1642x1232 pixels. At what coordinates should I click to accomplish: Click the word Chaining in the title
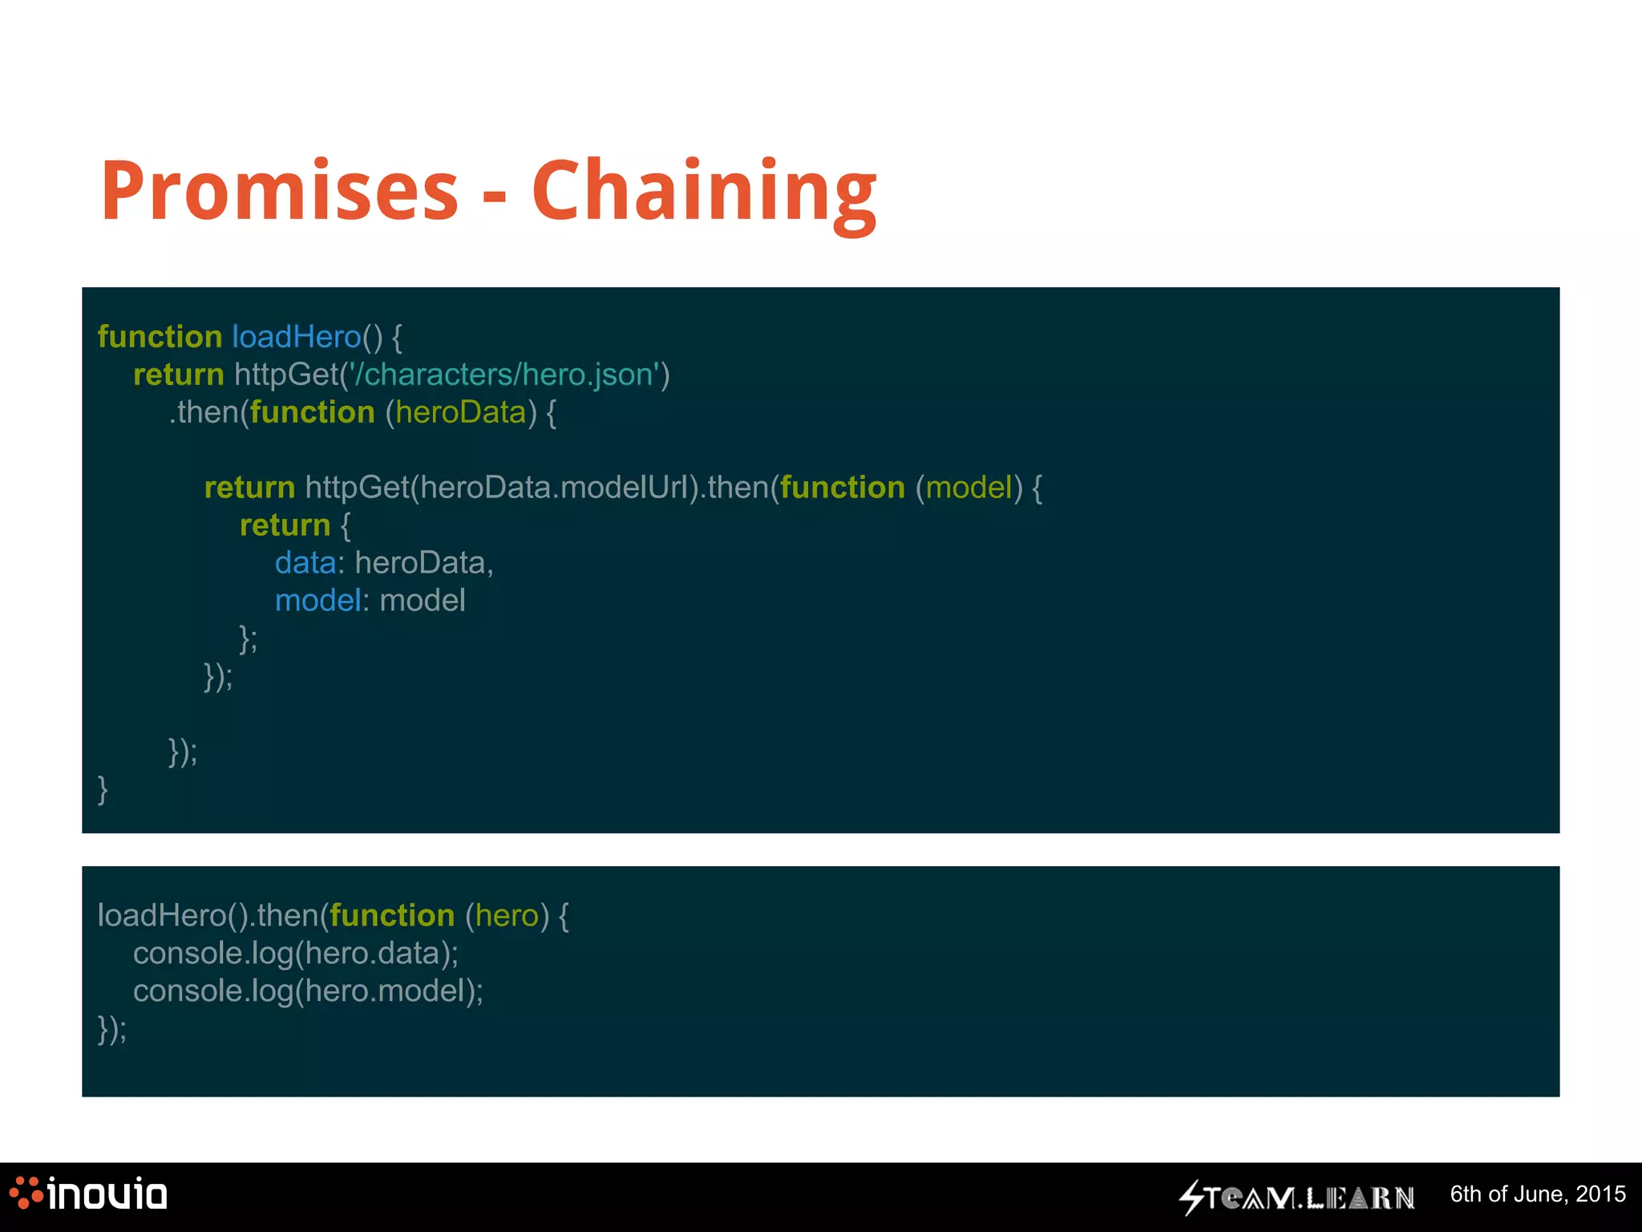click(x=704, y=192)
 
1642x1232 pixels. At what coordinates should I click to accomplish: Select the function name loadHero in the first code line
click(x=296, y=337)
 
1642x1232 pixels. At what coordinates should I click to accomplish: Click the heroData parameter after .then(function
click(x=460, y=412)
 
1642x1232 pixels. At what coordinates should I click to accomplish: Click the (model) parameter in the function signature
click(x=969, y=488)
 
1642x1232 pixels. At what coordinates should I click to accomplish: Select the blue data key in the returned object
click(x=305, y=563)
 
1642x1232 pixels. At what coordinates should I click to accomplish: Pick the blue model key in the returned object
click(x=317, y=601)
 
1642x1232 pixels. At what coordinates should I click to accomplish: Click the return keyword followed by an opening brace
click(x=285, y=525)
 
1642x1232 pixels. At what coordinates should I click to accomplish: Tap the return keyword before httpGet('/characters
click(x=178, y=375)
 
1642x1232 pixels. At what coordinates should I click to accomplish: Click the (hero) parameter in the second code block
click(x=507, y=915)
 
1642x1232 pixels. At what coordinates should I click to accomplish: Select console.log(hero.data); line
click(x=295, y=953)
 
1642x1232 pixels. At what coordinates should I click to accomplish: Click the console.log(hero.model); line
click(x=308, y=991)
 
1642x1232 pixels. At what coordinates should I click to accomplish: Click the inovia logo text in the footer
click(x=107, y=1194)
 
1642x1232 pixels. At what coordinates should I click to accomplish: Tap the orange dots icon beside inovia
click(x=26, y=1193)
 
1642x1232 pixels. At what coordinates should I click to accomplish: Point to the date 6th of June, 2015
click(x=1537, y=1194)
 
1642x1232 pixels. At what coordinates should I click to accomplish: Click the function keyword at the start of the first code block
click(x=160, y=337)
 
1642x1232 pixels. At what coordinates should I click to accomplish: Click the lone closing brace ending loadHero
click(x=103, y=789)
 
